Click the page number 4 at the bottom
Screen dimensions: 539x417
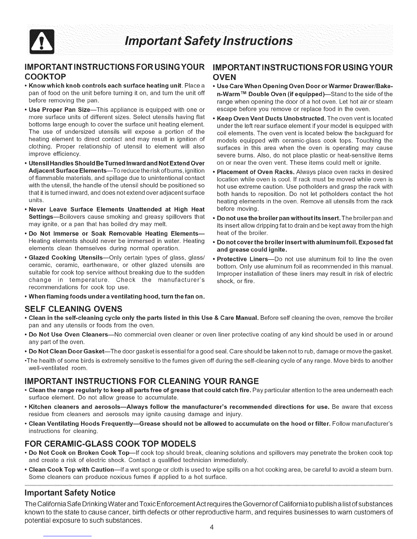click(212, 527)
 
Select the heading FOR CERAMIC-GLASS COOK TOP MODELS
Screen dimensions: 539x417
click(110, 443)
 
